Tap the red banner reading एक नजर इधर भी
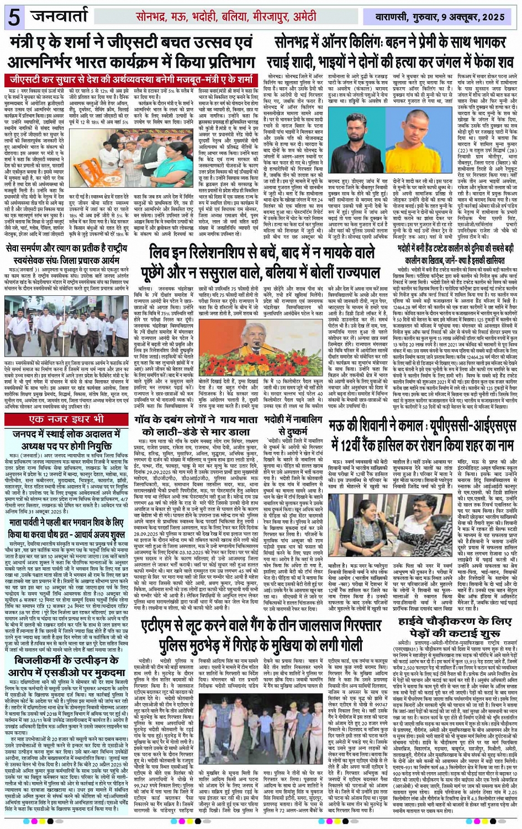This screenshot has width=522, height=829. [x=66, y=419]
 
